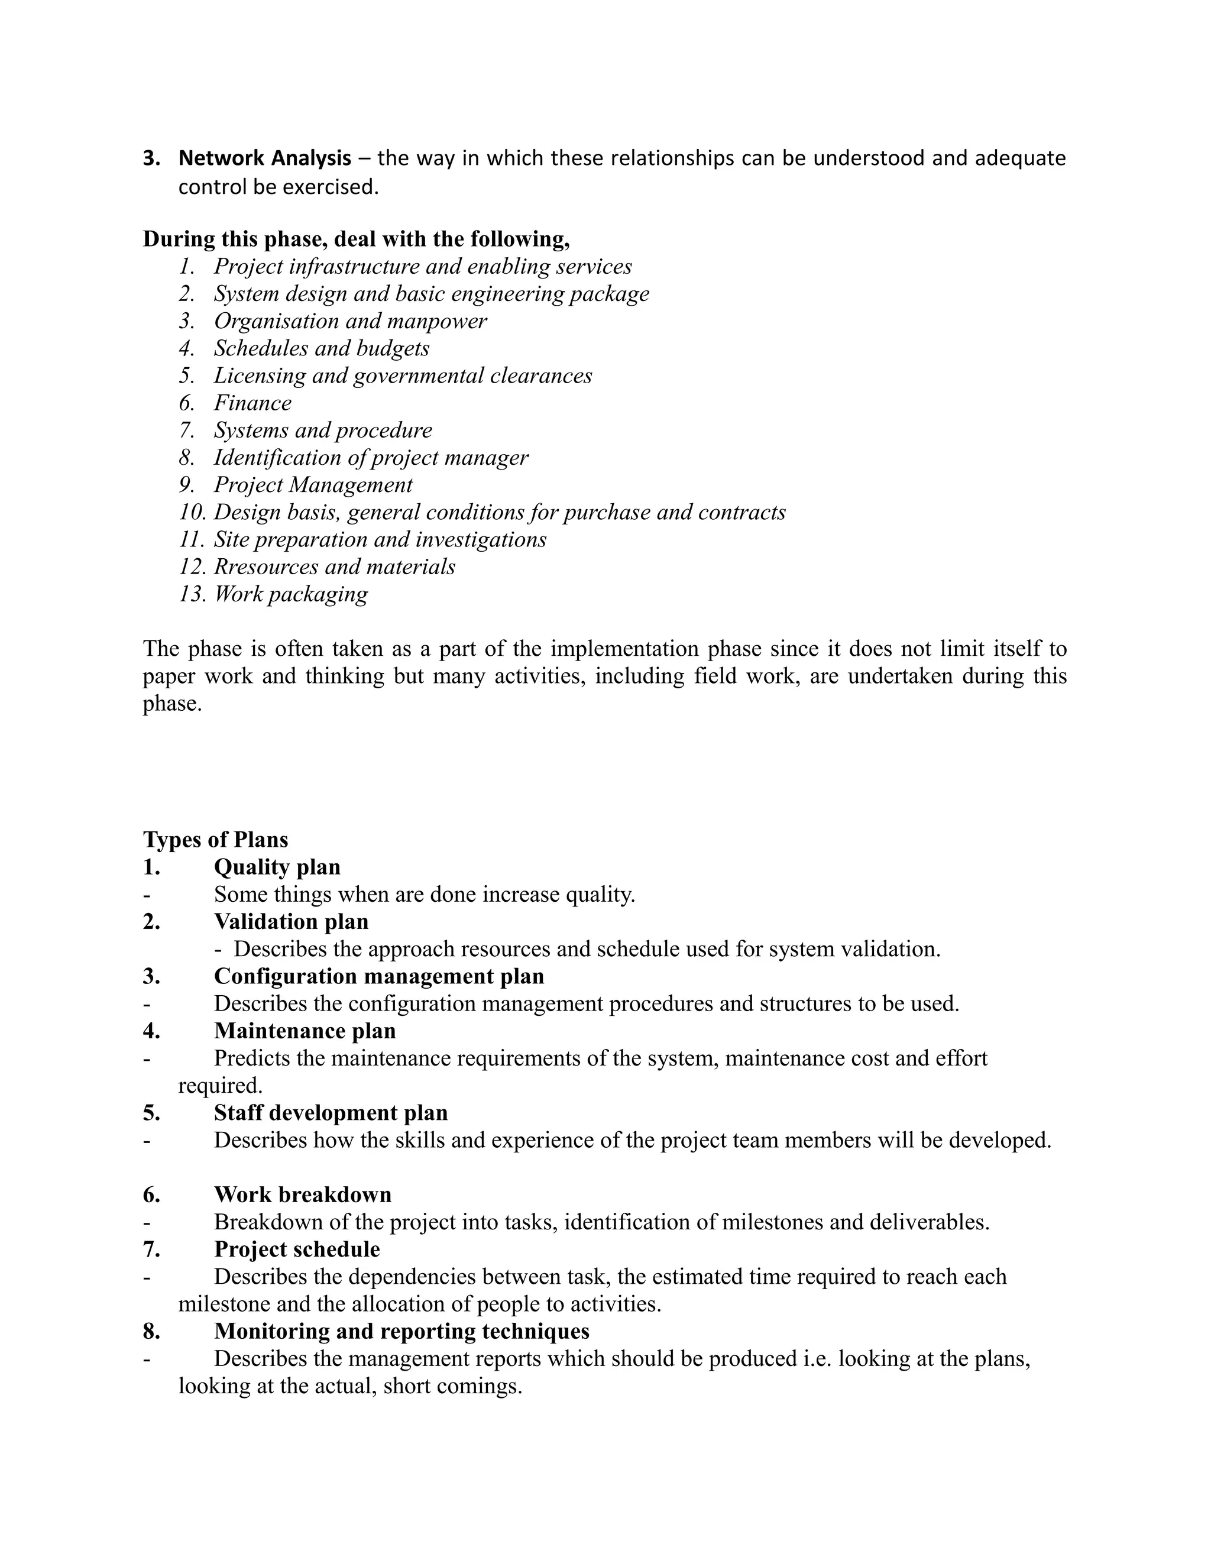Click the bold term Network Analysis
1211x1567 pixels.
(265, 158)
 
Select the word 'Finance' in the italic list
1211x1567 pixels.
(252, 403)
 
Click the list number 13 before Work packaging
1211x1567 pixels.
(192, 594)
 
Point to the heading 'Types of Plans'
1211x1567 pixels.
(215, 840)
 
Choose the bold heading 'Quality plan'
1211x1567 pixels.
(277, 867)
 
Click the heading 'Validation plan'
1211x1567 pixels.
(290, 921)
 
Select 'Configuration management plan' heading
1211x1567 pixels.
(379, 976)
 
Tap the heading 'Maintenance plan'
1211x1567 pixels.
(304, 1031)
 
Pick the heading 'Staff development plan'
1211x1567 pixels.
(331, 1113)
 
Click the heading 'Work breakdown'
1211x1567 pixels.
(303, 1194)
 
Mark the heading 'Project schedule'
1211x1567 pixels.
(297, 1249)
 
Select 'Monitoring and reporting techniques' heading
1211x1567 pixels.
(401, 1331)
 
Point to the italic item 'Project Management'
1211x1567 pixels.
(313, 485)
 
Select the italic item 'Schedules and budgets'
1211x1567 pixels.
(322, 349)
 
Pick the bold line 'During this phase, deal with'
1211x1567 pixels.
(356, 239)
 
